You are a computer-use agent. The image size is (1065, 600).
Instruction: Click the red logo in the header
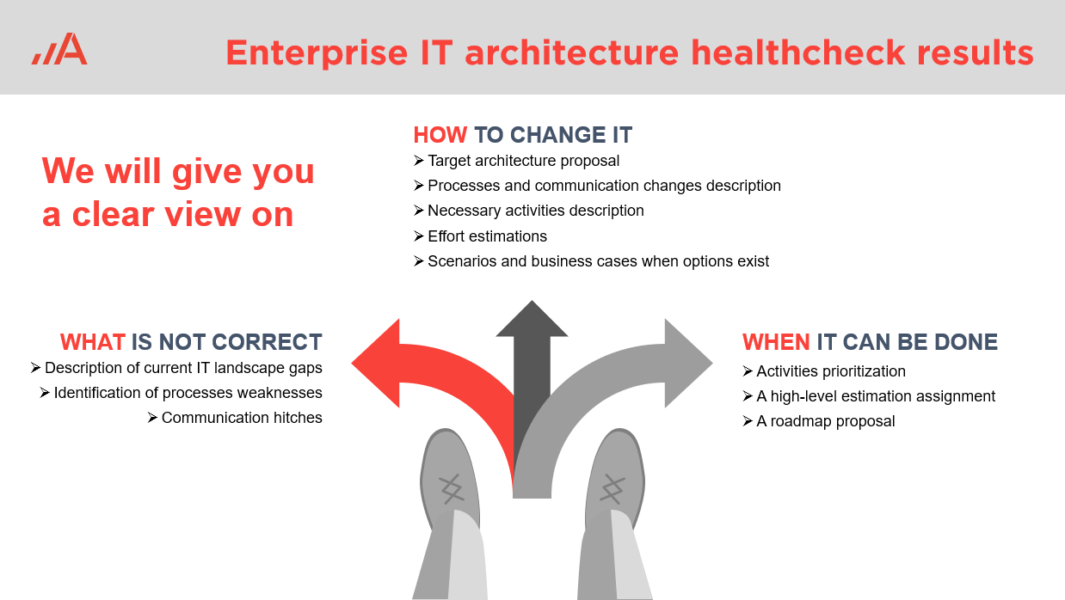point(59,48)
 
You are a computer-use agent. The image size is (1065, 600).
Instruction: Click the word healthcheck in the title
point(797,52)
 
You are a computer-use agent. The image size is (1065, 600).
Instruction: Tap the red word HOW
point(440,135)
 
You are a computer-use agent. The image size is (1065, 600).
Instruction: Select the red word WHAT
point(93,342)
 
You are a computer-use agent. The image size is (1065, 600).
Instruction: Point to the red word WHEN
point(776,342)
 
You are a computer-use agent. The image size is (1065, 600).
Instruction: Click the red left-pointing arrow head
point(376,363)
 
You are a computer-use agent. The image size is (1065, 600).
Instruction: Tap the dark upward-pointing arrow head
point(532,319)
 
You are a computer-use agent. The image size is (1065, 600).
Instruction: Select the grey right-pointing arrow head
point(688,363)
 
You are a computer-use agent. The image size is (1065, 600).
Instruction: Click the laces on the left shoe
point(451,489)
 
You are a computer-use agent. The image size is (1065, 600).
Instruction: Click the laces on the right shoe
point(613,489)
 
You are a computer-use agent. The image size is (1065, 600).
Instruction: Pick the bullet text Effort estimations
point(487,236)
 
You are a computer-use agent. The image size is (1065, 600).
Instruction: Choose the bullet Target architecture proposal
point(523,161)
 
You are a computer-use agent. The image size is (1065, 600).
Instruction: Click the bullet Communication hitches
point(242,418)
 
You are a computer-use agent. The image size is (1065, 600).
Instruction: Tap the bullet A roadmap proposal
point(826,421)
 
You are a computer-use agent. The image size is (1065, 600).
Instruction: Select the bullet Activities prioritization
point(831,371)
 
